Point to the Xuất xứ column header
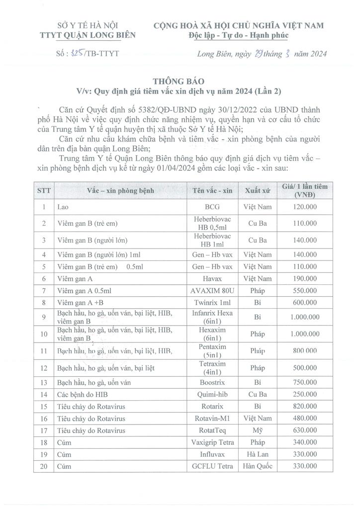(257, 191)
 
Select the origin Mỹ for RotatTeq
(257, 430)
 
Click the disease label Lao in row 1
(63, 206)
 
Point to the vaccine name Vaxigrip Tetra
(212, 442)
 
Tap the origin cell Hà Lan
(257, 454)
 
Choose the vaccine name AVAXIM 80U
(212, 290)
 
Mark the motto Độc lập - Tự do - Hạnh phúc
(238, 35)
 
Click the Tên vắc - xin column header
(212, 191)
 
